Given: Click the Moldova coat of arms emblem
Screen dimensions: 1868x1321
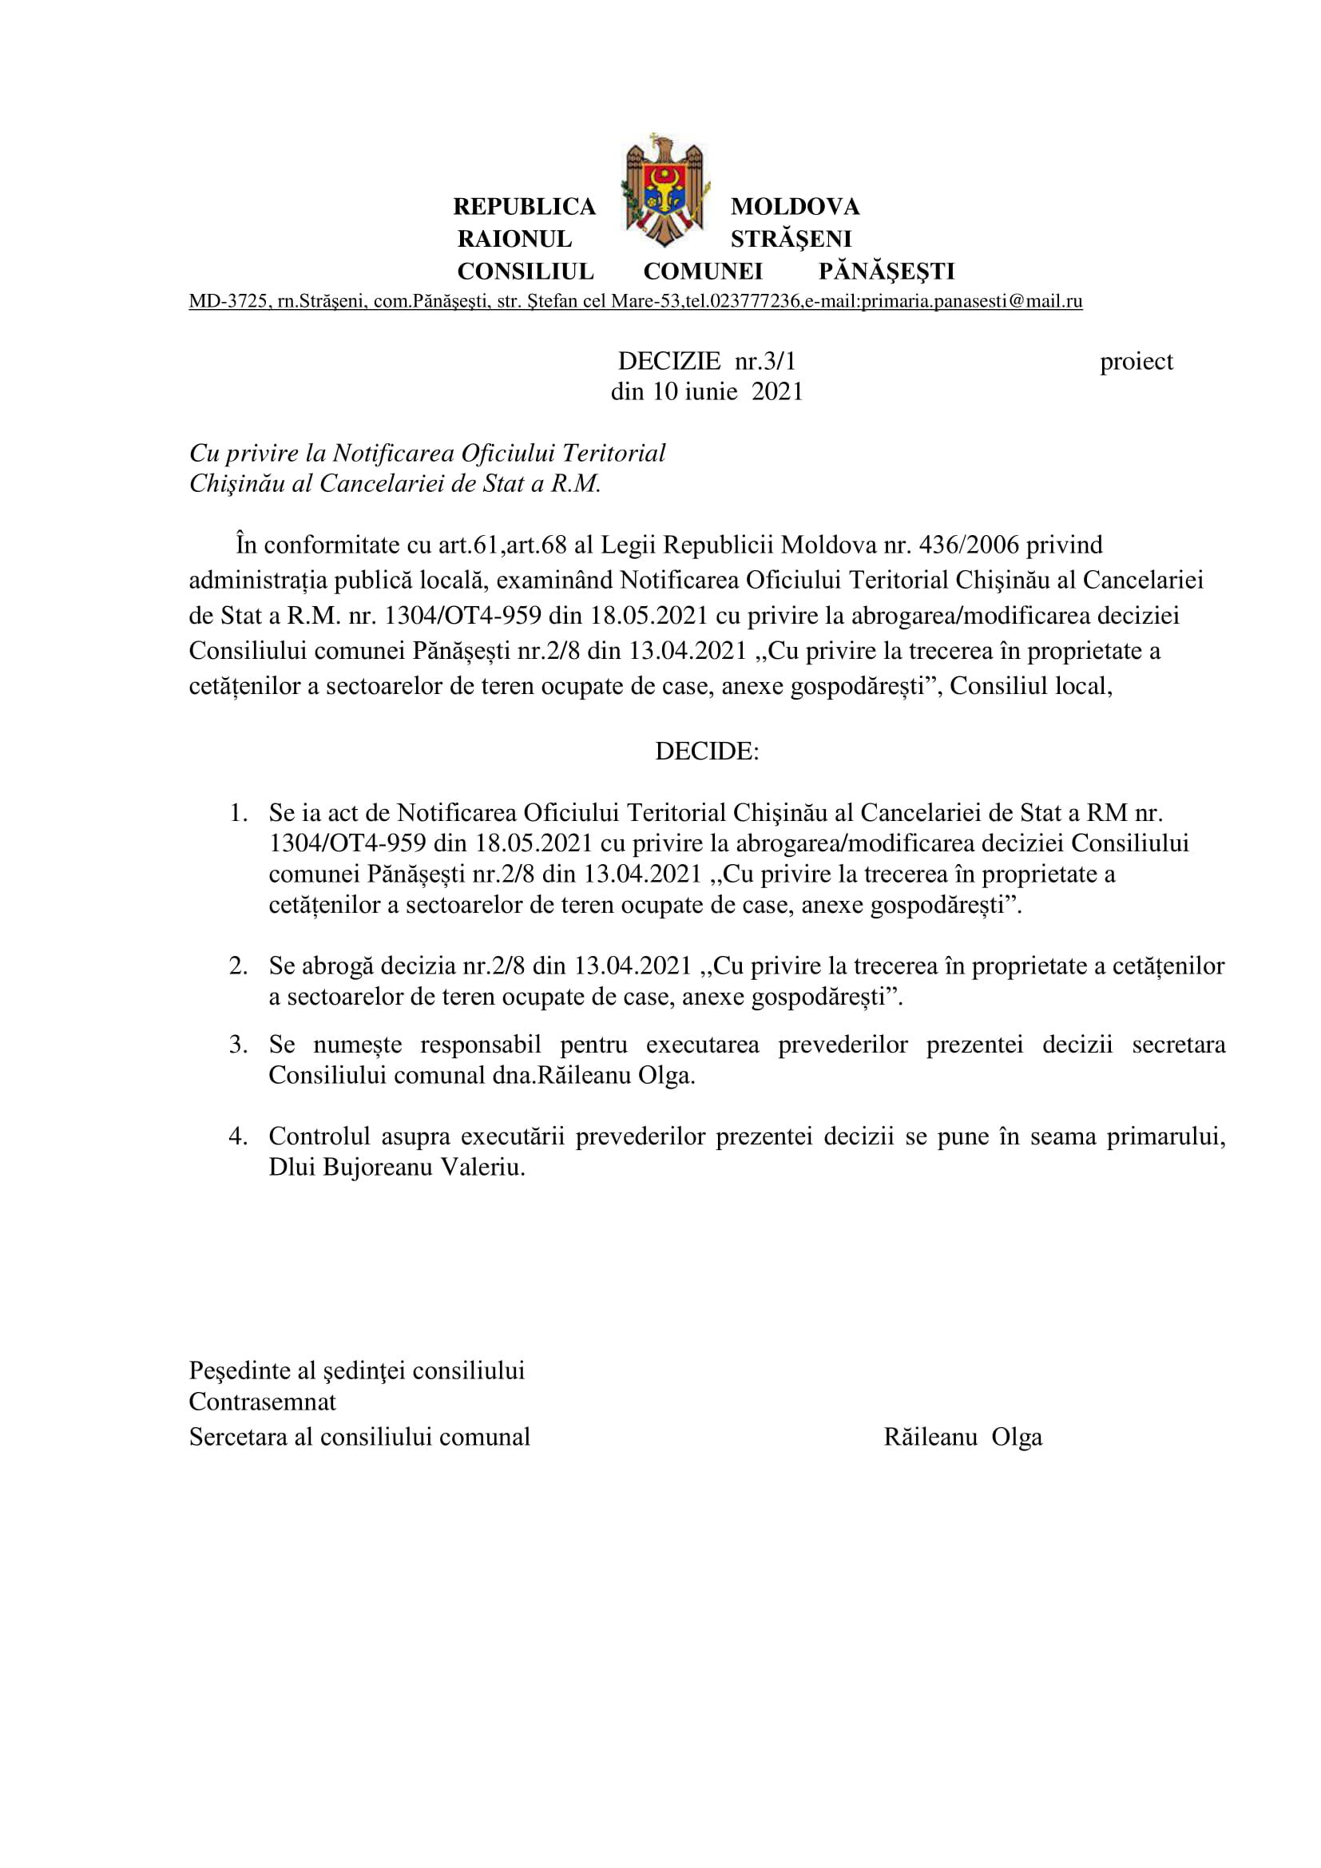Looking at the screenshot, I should pyautogui.click(x=664, y=190).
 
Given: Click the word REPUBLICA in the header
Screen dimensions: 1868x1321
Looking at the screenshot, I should pyautogui.click(x=524, y=207).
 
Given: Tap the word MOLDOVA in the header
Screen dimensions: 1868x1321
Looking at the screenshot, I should pyautogui.click(x=795, y=207).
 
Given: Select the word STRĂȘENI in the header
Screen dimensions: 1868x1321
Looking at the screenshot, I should pyautogui.click(x=791, y=240).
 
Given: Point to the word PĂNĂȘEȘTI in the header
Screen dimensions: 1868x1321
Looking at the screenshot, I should pyautogui.click(x=886, y=271).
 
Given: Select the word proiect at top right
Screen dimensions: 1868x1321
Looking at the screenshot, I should pyautogui.click(x=1136, y=361).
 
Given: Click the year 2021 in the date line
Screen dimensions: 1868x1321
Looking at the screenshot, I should pyautogui.click(x=777, y=392).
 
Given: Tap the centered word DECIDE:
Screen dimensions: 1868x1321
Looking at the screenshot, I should pyautogui.click(x=707, y=751).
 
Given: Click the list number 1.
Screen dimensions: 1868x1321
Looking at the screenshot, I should pyautogui.click(x=237, y=813).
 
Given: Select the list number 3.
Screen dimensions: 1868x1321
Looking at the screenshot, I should pyautogui.click(x=237, y=1045).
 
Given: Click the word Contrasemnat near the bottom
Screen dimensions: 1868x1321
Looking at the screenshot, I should pyautogui.click(x=262, y=1402).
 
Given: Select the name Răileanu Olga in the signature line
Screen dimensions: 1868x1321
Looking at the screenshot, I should pyautogui.click(x=962, y=1437).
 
